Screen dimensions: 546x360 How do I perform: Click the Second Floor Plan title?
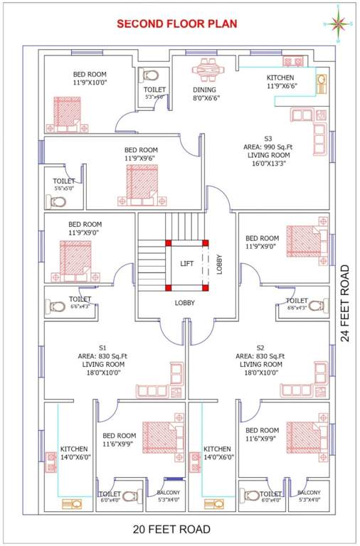(176, 23)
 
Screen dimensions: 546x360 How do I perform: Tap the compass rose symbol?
(338, 23)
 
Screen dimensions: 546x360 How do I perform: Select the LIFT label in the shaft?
(186, 264)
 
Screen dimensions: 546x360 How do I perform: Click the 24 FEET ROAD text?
(345, 303)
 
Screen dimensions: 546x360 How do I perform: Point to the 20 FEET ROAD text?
(172, 529)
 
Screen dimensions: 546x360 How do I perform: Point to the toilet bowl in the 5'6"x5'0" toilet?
(58, 202)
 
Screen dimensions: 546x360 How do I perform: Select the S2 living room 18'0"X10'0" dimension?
(260, 372)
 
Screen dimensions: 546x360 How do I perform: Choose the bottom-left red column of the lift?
(169, 288)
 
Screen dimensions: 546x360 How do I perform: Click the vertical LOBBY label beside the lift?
(220, 264)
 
